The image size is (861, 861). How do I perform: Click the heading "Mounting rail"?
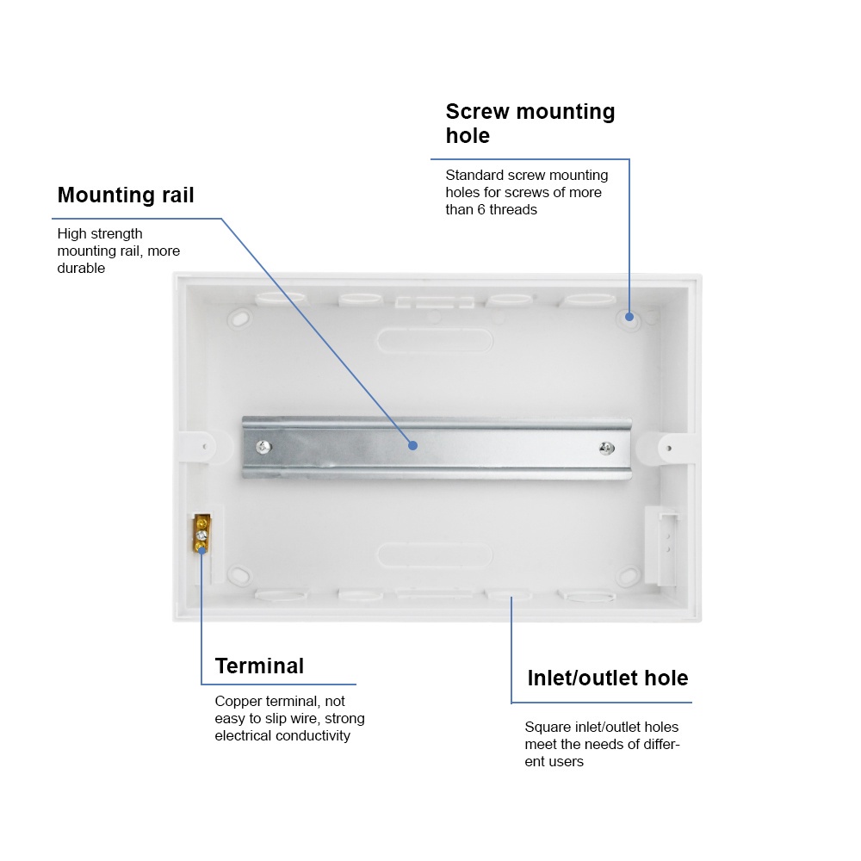[126, 195]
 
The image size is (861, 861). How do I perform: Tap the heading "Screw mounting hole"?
[530, 123]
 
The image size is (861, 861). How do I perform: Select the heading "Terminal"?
[259, 666]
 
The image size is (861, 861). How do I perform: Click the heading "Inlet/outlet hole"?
[607, 678]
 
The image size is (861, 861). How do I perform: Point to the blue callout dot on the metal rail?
[413, 445]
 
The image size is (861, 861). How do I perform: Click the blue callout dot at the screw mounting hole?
[629, 317]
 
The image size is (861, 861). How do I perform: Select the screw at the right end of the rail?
[606, 448]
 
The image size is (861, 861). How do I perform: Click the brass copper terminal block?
[201, 534]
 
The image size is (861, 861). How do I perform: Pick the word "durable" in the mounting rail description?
[81, 268]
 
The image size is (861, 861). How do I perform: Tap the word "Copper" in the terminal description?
[238, 702]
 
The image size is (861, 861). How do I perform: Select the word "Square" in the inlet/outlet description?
[548, 728]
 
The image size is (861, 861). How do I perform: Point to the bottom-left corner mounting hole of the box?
[239, 573]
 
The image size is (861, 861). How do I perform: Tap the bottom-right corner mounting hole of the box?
[629, 575]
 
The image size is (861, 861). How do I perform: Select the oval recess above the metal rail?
[435, 338]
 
